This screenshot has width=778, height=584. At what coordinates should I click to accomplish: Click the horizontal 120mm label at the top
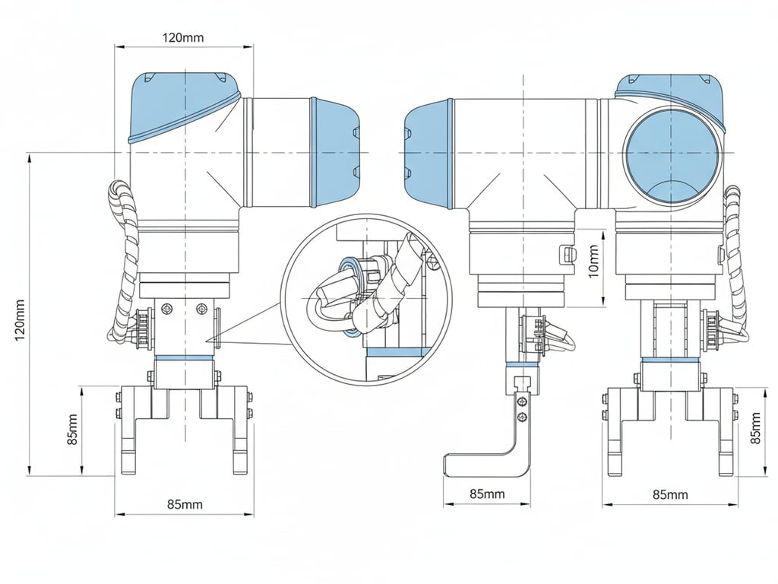183,37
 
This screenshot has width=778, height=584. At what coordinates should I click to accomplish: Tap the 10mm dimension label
594,261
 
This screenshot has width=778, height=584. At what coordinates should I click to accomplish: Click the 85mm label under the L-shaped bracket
486,494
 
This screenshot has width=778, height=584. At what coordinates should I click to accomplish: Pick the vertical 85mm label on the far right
755,429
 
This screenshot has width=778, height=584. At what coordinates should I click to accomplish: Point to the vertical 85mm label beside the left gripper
72,430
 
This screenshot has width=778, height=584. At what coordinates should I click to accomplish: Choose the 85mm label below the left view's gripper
185,504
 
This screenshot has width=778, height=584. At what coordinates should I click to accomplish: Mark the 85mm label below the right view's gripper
670,494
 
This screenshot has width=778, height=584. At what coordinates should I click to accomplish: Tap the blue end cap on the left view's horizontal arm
334,152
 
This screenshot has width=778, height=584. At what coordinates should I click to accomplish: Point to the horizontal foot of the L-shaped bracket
479,464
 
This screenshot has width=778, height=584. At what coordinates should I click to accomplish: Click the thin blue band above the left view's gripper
185,357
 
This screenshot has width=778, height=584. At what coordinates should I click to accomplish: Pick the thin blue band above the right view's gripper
670,360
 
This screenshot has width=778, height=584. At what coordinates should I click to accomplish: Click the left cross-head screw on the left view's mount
167,307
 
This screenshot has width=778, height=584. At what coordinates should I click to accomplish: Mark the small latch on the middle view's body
565,254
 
